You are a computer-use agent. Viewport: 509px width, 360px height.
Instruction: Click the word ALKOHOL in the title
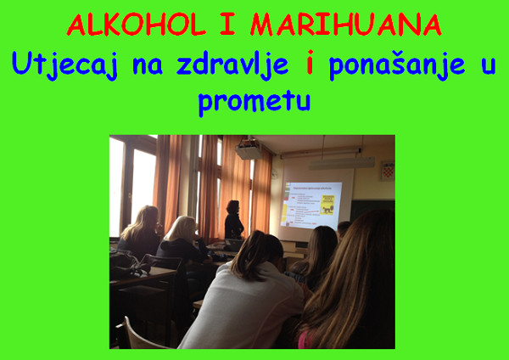[x=137, y=25]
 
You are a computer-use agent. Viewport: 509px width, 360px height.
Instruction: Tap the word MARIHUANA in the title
[x=346, y=25]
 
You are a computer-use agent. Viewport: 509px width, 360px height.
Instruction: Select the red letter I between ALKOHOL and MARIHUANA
[x=228, y=25]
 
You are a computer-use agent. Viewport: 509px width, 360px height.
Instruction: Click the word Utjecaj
[x=64, y=65]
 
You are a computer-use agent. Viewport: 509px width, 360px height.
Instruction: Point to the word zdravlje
[x=232, y=65]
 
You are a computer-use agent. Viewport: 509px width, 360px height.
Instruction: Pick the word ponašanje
[x=397, y=65]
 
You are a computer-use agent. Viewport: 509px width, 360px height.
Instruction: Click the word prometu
[x=255, y=102]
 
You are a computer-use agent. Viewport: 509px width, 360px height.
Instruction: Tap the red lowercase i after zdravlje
[x=310, y=62]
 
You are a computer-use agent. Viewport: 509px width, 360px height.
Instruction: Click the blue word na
[x=148, y=66]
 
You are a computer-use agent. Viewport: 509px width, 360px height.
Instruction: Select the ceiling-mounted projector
[x=249, y=149]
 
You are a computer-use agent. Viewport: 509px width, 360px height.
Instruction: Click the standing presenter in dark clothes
[x=233, y=220]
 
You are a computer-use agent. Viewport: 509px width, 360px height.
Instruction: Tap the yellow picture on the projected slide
[x=327, y=205]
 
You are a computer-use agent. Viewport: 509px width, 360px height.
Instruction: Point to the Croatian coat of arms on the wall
[x=388, y=171]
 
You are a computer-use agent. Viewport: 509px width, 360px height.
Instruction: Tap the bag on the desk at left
[x=128, y=265]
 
